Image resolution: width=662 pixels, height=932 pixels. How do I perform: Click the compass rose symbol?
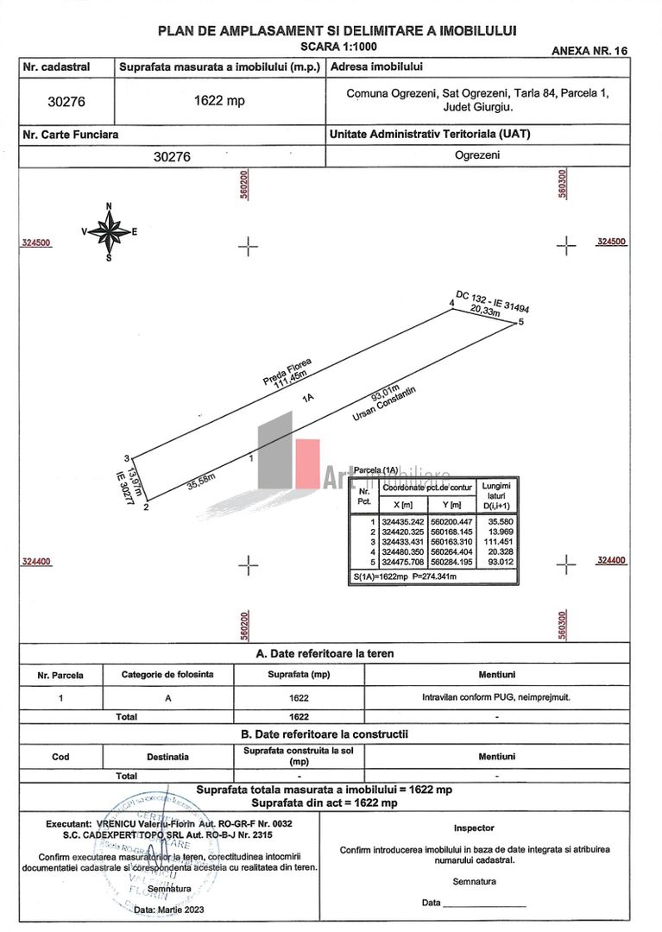(109, 231)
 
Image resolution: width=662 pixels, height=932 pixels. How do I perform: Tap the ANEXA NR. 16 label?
(589, 51)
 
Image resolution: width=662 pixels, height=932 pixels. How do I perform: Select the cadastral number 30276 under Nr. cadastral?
(66, 101)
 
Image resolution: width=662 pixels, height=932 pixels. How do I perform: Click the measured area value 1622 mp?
(219, 101)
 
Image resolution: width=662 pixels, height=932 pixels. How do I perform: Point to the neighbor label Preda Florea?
(287, 369)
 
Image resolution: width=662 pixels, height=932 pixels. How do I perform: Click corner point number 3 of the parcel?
(126, 458)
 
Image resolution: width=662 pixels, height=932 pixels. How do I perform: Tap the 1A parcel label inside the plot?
(307, 399)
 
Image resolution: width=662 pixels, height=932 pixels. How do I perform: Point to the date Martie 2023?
(170, 910)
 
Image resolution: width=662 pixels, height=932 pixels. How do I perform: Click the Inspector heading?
(474, 828)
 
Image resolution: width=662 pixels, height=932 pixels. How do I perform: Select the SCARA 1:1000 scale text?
(338, 46)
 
